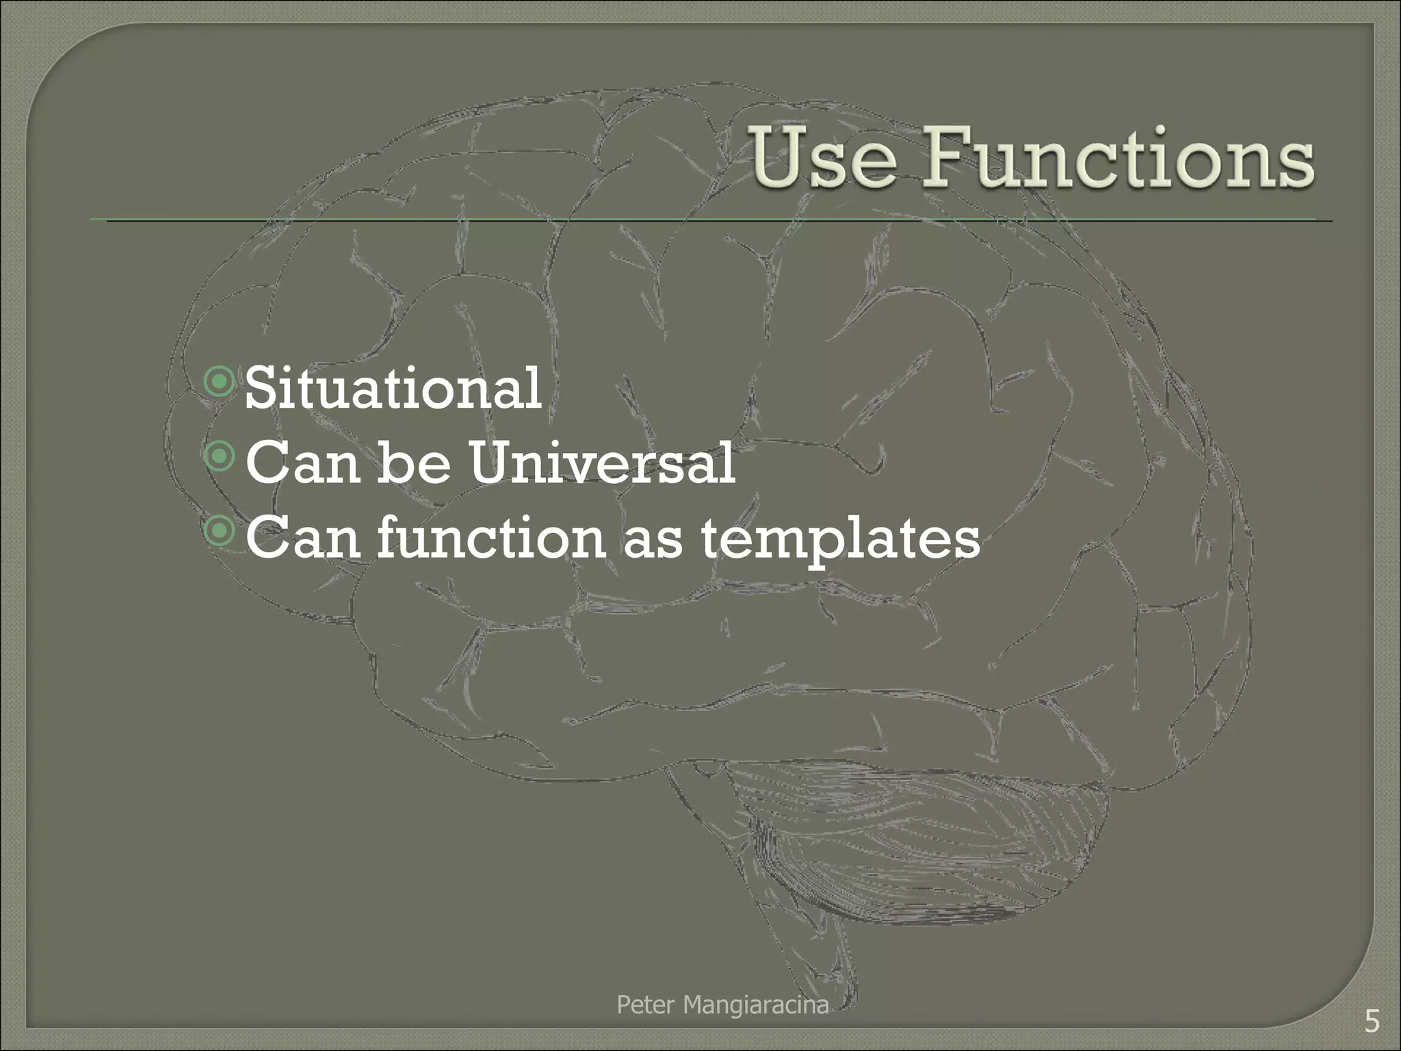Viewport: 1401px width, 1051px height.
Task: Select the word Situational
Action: (393, 388)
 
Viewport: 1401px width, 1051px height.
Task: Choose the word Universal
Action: (602, 463)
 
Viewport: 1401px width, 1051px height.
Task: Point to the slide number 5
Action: (1372, 1022)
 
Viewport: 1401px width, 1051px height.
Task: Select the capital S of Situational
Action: (260, 388)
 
